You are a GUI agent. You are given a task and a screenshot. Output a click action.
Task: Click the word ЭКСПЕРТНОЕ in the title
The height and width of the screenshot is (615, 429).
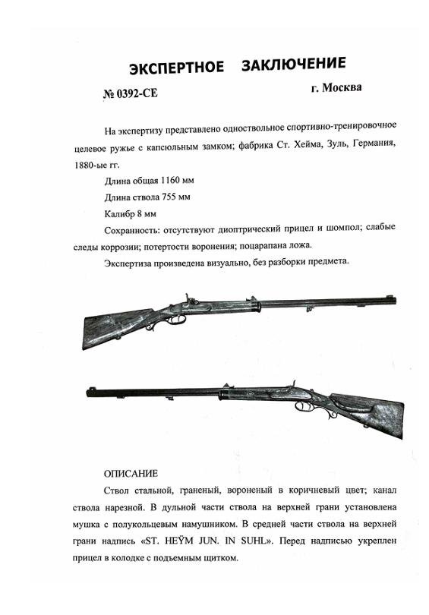[x=176, y=68]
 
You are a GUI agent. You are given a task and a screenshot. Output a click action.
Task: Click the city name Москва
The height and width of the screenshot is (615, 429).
[x=342, y=87]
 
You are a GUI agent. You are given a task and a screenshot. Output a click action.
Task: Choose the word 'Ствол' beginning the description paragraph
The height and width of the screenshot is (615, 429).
[x=117, y=491]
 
